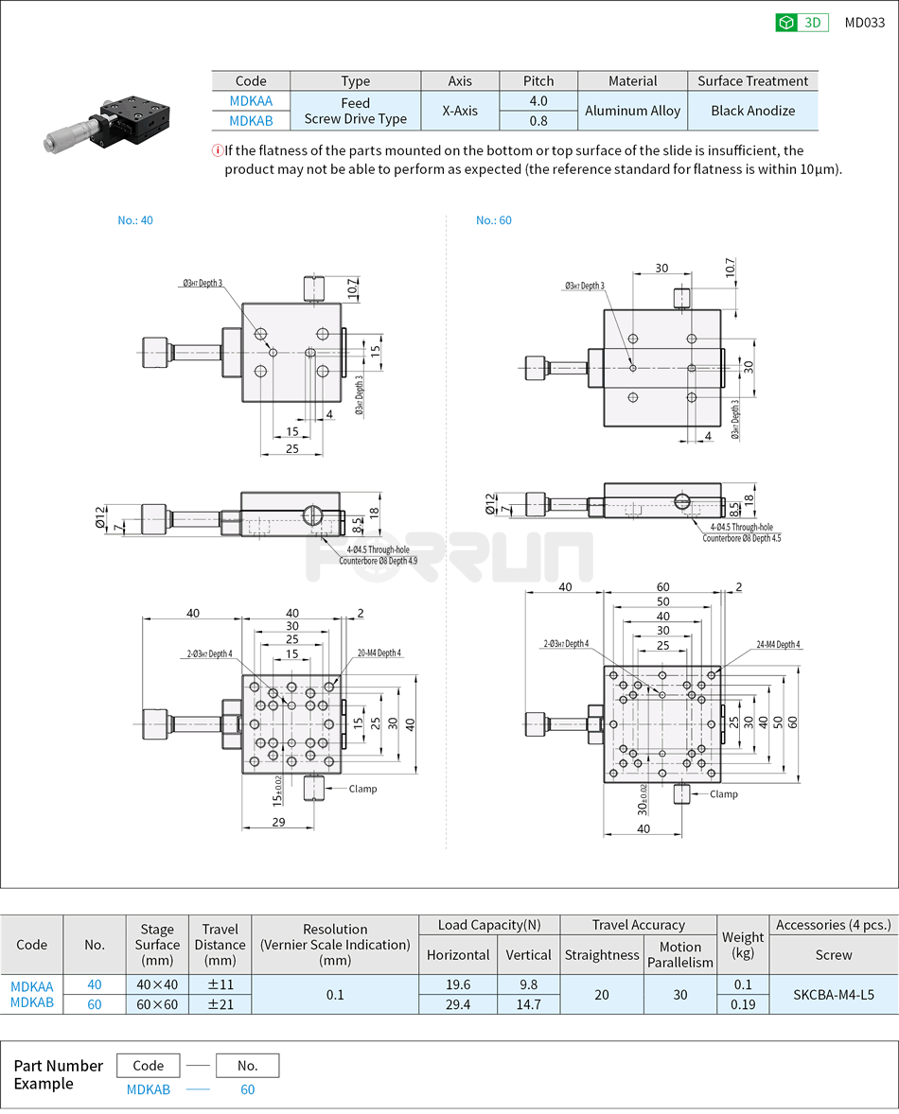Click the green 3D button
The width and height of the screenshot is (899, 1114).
point(802,23)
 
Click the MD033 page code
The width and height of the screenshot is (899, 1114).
point(864,23)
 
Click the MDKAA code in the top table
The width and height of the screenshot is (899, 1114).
point(251,101)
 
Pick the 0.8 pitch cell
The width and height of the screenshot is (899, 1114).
point(538,120)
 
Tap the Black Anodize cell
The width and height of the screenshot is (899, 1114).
point(752,111)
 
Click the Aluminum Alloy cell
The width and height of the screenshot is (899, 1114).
point(632,111)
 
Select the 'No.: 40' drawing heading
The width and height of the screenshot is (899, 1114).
point(135,220)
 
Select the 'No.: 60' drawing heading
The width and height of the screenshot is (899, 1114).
point(493,220)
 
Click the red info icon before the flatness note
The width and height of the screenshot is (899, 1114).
point(218,150)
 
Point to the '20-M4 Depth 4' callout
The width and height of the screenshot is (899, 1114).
point(379,653)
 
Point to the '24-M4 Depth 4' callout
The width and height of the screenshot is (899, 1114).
point(778,645)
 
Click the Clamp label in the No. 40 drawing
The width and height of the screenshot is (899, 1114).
point(362,789)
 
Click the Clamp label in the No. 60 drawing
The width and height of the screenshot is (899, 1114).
point(723,794)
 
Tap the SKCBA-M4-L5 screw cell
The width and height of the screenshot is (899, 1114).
point(833,994)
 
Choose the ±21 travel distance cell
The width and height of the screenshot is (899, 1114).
point(220,1004)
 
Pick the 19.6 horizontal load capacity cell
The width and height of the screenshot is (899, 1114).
point(458,984)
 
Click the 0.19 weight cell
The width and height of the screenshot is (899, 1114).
point(743,1004)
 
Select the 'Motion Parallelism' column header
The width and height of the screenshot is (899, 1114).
point(679,954)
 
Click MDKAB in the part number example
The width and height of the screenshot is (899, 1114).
point(149,1089)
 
